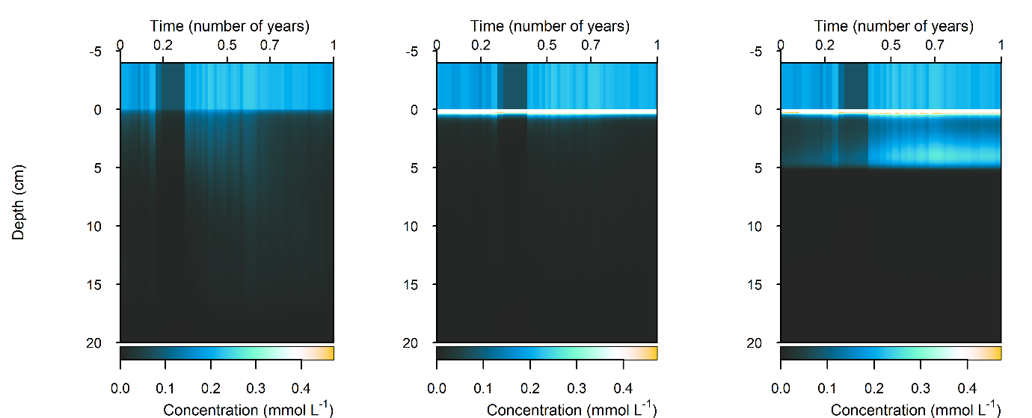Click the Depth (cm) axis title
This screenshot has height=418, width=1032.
19,203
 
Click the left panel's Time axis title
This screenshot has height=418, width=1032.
230,26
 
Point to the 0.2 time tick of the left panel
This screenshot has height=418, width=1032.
163,45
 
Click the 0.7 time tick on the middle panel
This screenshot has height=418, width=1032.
591,45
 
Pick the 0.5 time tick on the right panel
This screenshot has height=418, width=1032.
891,45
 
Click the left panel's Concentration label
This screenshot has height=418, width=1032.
248,409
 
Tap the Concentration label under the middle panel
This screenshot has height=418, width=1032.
571,409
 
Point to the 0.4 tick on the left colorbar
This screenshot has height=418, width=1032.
301,388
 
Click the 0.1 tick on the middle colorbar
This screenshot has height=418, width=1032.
484,388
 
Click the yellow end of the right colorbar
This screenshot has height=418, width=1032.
995,353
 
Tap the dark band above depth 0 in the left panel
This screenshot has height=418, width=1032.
172,87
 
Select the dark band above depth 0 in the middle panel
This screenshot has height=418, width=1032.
513,87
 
